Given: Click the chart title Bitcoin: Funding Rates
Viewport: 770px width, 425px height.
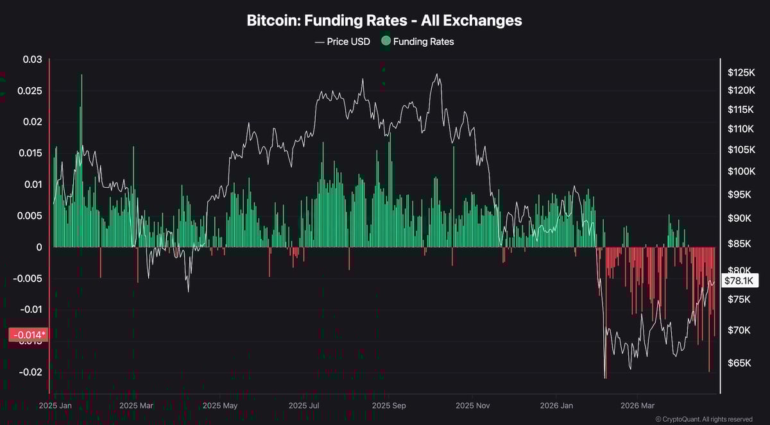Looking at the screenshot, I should tap(384, 21).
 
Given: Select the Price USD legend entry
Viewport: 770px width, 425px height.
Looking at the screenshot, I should tap(343, 42).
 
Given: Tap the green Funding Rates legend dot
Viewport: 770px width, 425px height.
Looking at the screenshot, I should tap(386, 42).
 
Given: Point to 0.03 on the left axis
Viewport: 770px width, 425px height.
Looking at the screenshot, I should tap(32, 60).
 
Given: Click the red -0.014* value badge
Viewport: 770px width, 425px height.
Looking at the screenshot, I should tap(28, 335).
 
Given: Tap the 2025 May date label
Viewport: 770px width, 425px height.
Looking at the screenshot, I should tap(220, 406).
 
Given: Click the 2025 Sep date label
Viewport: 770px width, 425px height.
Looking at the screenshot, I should tap(389, 406).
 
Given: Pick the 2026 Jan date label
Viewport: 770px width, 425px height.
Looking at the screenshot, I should tap(556, 406).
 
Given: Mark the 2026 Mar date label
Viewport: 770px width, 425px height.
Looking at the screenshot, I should tap(638, 406).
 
